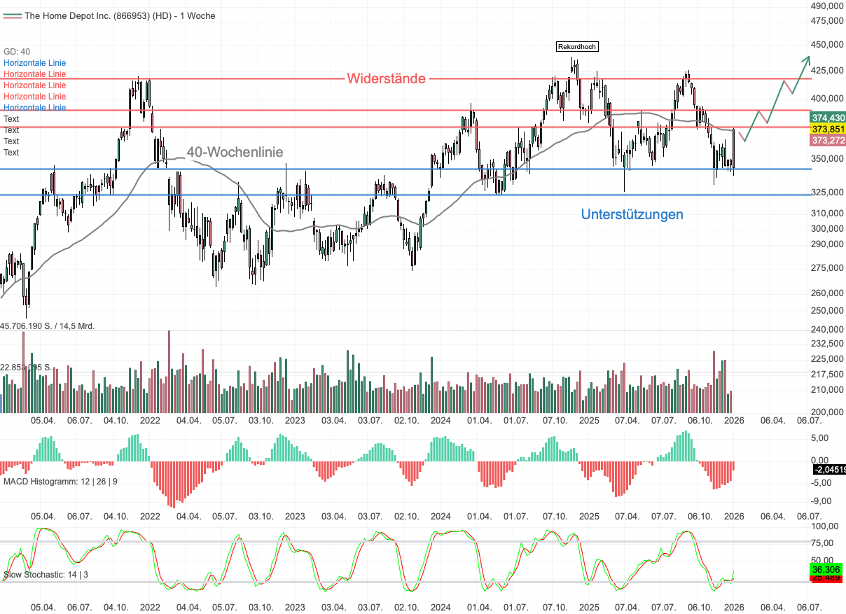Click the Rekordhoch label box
click(578, 47)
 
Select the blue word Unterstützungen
click(632, 214)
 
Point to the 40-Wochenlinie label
click(235, 152)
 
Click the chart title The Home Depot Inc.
click(120, 15)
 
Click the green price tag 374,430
click(828, 118)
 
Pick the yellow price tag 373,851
click(828, 130)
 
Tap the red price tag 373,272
click(828, 141)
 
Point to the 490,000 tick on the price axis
click(826, 6)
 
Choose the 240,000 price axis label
click(826, 329)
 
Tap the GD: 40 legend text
click(17, 52)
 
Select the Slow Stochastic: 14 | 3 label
click(46, 575)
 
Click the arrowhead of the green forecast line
click(808, 58)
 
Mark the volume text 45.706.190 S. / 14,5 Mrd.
click(48, 326)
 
